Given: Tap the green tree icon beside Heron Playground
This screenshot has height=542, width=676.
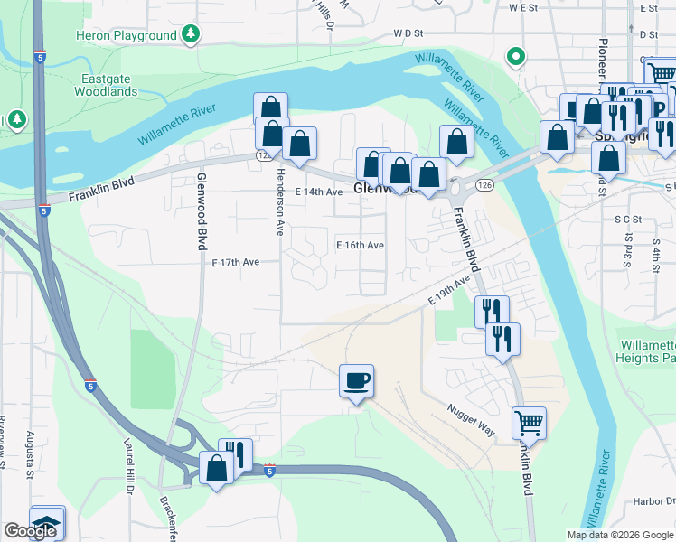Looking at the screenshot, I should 190,34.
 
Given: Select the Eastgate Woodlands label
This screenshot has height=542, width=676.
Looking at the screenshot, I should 108,85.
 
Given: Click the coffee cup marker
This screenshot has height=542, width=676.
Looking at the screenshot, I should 356,380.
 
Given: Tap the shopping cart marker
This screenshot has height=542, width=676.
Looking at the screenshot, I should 529,422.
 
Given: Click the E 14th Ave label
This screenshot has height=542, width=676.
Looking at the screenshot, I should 319,192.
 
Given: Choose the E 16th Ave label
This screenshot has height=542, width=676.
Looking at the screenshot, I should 360,246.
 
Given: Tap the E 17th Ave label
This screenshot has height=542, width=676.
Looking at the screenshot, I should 236,262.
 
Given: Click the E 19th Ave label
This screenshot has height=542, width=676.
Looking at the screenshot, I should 451,293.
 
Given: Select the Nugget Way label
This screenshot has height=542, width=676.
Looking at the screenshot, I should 470,420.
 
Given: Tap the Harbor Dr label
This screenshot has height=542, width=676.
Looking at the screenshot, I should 652,502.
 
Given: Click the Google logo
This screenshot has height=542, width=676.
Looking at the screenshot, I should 30,531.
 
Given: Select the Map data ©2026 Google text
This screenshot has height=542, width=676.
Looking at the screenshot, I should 619,535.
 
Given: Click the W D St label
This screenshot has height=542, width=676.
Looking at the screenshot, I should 408,33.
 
